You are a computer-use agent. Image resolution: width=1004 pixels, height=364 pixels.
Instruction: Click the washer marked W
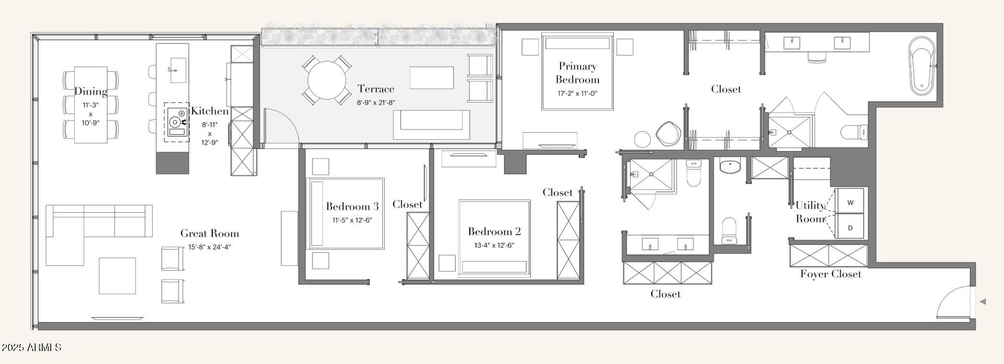[x=850, y=201]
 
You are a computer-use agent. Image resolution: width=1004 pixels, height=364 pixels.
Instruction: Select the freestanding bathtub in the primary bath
[x=922, y=66]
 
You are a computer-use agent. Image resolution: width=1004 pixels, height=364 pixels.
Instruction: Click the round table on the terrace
[x=327, y=80]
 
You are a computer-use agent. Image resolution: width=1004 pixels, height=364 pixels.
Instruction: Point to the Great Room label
[x=210, y=234]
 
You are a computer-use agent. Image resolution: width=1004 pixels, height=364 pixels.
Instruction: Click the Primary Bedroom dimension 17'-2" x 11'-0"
[x=577, y=94]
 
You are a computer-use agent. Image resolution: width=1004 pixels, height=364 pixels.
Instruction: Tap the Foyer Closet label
[x=830, y=274]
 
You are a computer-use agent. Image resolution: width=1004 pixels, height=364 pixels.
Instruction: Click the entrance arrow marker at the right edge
[x=982, y=302]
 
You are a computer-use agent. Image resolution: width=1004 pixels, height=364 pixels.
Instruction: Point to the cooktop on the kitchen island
[x=176, y=122]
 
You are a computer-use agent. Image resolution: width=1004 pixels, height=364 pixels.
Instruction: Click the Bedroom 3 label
[x=352, y=206]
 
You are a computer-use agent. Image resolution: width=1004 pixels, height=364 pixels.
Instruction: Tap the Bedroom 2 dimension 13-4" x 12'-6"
[x=494, y=246]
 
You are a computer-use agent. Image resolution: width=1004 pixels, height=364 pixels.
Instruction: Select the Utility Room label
[x=810, y=212]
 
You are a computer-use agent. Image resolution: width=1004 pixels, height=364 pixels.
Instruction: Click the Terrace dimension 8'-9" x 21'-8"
[x=376, y=102]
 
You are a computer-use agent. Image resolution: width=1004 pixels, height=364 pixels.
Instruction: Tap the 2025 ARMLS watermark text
[x=32, y=347]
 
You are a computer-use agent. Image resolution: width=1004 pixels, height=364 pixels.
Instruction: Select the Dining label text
[x=91, y=91]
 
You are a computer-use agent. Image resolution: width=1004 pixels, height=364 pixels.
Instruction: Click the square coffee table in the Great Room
[x=117, y=276]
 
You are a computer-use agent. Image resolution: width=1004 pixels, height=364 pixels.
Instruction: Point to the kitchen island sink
[x=178, y=70]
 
